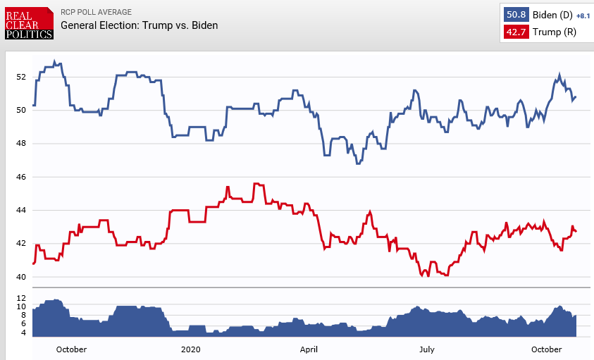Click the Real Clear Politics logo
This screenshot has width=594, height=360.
[x=29, y=23]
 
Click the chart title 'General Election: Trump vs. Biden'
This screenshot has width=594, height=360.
[x=140, y=25]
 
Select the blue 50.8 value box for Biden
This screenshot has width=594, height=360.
[x=515, y=14]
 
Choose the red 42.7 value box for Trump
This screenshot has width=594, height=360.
[x=515, y=32]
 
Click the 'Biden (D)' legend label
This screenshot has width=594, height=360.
[x=551, y=14]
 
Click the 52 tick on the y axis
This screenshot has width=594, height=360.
[x=21, y=77]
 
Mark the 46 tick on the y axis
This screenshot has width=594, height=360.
[x=21, y=177]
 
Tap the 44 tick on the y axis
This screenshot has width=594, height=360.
[x=21, y=211]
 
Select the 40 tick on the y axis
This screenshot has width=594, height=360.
[x=21, y=277]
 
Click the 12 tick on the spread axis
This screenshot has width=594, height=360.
[x=21, y=298]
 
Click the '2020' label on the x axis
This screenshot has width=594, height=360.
[x=191, y=349]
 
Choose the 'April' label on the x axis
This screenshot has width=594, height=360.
[x=309, y=349]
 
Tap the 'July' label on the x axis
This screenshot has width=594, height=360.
[x=426, y=349]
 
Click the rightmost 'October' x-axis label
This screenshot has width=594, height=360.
[x=547, y=349]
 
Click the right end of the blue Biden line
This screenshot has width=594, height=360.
[x=576, y=97]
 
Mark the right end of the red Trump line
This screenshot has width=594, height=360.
[x=576, y=231]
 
